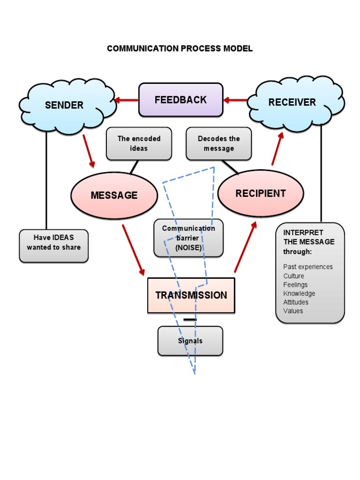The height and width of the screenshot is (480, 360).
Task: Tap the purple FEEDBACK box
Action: tap(180, 99)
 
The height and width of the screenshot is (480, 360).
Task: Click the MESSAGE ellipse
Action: tap(114, 195)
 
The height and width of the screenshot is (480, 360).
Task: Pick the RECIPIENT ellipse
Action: tap(261, 193)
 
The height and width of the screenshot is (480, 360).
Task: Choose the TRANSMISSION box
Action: tap(191, 295)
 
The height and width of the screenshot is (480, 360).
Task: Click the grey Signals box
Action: tap(190, 341)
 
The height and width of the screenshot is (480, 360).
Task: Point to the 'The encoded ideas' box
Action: tap(139, 143)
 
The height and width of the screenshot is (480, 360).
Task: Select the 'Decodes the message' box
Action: tap(218, 143)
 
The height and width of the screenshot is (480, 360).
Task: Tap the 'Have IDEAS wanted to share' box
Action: tap(53, 243)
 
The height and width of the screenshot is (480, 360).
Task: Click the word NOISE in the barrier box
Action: tap(188, 248)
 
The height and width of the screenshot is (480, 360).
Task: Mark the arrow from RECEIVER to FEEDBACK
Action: tap(235, 100)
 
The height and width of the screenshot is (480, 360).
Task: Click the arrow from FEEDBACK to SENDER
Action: tap(127, 100)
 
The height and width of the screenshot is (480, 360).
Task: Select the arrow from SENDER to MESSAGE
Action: tap(89, 151)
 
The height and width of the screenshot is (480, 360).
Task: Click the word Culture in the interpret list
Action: tap(293, 276)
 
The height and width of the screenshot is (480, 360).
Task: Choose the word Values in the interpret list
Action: tap(293, 311)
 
